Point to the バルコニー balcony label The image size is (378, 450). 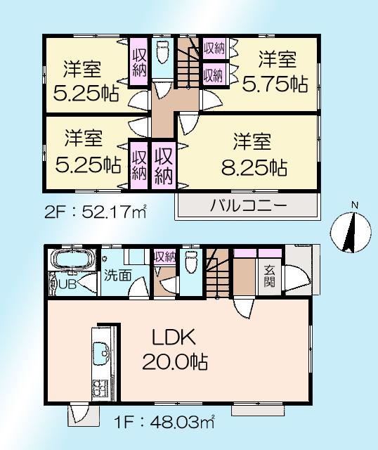(x=247, y=206)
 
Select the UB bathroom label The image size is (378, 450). (x=66, y=285)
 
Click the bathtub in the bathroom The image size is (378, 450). (x=70, y=262)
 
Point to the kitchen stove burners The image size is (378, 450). (x=98, y=387)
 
